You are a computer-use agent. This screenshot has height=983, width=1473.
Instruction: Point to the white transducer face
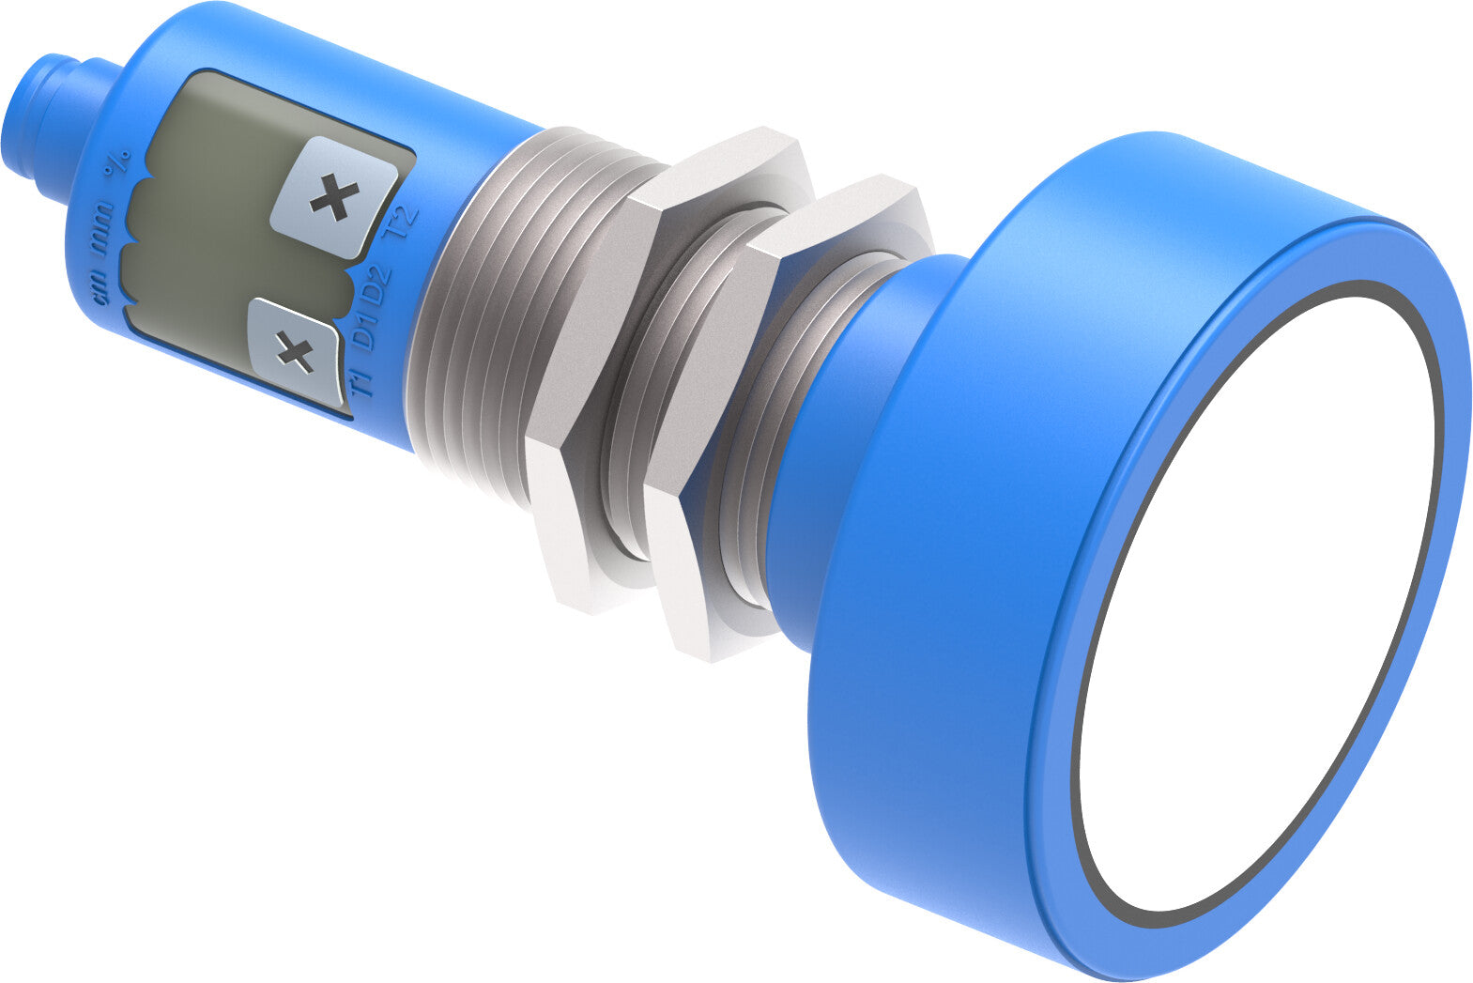1258,601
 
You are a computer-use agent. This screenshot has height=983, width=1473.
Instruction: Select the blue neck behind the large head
826,451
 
